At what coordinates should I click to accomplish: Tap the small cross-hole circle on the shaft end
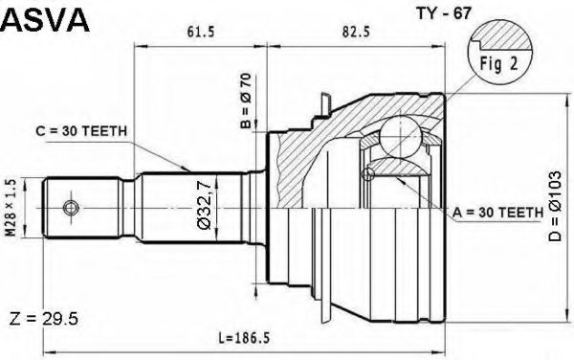(x=68, y=207)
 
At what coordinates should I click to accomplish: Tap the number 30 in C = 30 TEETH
(x=84, y=131)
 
